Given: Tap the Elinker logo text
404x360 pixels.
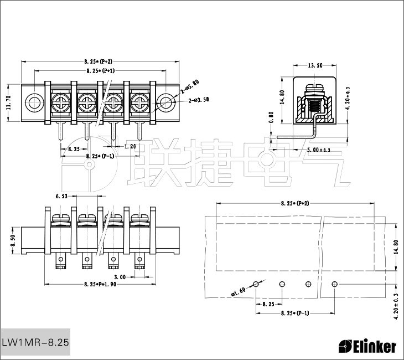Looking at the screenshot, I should (367, 346).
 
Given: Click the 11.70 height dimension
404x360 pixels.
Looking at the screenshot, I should (8, 103).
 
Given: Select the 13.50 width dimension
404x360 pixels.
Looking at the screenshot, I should (315, 65).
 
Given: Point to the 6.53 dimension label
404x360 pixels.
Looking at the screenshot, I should (61, 196).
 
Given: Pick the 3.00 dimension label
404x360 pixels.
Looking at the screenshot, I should (120, 276).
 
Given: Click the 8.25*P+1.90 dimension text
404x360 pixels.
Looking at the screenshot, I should (100, 284).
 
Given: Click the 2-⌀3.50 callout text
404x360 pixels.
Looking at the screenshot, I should (199, 100).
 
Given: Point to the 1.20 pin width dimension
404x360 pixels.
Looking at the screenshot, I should (130, 147).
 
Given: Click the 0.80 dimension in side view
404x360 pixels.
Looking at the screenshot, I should (271, 117).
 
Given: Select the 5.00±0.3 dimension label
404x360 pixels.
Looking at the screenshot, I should (319, 150).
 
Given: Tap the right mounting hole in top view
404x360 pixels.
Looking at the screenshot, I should (165, 102).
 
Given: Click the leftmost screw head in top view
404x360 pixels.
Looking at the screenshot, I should (60, 102).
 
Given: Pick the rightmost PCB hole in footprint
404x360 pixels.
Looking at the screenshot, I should (334, 284).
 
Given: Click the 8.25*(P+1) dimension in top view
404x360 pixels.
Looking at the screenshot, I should (100, 71).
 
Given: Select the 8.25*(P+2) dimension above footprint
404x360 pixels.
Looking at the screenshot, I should (294, 204).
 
